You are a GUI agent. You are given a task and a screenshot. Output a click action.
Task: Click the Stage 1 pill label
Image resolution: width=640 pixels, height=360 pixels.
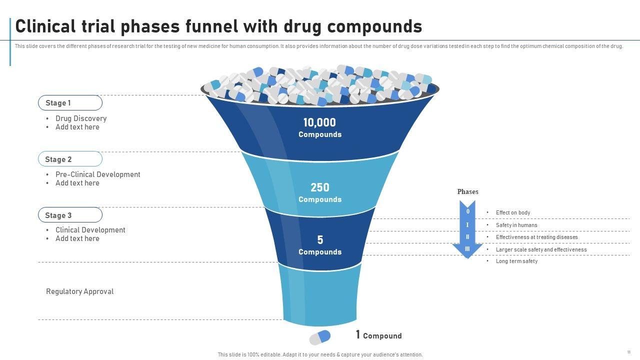tap(70, 103)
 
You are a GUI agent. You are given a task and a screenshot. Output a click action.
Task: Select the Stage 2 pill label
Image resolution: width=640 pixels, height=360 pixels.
tap(70, 159)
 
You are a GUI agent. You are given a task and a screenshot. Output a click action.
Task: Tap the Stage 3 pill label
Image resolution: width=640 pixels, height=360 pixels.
tap(70, 215)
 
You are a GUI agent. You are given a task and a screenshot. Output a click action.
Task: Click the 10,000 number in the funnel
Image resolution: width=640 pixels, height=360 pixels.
tap(319, 122)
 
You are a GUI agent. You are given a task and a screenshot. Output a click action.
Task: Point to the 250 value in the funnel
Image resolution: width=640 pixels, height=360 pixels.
tap(320, 187)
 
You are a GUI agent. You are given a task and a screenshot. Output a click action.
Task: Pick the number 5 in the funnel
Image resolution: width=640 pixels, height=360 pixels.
tap(320, 240)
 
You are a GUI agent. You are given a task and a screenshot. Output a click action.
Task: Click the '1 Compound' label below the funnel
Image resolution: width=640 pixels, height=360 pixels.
tap(378, 335)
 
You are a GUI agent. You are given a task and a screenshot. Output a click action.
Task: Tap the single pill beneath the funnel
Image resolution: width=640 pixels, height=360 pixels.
tap(320, 337)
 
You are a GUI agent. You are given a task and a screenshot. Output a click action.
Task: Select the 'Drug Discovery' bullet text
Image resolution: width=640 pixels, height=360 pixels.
tap(81, 118)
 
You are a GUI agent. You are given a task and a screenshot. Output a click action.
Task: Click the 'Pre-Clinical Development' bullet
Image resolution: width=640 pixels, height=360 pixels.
tap(98, 174)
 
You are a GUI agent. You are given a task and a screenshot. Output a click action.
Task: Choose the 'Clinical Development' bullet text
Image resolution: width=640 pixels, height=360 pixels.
tap(90, 230)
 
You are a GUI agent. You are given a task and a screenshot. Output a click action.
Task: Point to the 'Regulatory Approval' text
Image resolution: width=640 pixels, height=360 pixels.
tap(79, 291)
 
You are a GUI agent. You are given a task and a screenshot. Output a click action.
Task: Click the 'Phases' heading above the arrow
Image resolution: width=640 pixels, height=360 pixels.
tap(467, 191)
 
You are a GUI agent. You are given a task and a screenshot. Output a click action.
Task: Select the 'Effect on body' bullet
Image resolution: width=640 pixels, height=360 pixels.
tap(513, 212)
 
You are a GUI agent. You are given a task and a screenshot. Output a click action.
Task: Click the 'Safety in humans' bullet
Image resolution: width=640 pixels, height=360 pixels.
tap(516, 225)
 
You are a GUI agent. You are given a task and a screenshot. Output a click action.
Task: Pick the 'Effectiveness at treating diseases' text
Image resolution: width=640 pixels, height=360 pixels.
tap(536, 237)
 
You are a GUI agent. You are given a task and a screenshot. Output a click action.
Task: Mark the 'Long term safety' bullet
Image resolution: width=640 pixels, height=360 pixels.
tap(516, 261)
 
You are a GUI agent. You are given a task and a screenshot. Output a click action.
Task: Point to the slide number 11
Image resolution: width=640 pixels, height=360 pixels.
tap(628, 352)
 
